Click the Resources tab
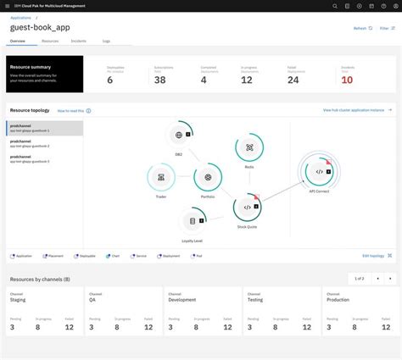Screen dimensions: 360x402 pyautogui.click(x=50, y=40)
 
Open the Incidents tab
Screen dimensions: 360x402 pyautogui.click(x=78, y=40)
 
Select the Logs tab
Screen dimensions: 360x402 pyautogui.click(x=106, y=40)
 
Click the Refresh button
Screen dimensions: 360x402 pyautogui.click(x=362, y=28)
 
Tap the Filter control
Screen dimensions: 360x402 pyautogui.click(x=387, y=28)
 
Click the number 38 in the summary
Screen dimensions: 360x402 pyautogui.click(x=160, y=80)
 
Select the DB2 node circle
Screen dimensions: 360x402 pyautogui.click(x=179, y=135)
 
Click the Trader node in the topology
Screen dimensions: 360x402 pyautogui.click(x=161, y=177)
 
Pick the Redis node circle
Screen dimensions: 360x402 pyautogui.click(x=249, y=147)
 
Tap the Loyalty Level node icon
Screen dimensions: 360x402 pyautogui.click(x=193, y=221)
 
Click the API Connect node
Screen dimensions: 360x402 pyautogui.click(x=319, y=172)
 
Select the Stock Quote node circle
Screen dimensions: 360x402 pyautogui.click(x=247, y=207)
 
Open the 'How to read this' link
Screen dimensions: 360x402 pyautogui.click(x=73, y=110)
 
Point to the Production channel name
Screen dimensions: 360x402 pyautogui.click(x=338, y=299)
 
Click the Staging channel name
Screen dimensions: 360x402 pyautogui.click(x=18, y=299)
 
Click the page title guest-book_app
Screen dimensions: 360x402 pyautogui.click(x=41, y=27)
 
